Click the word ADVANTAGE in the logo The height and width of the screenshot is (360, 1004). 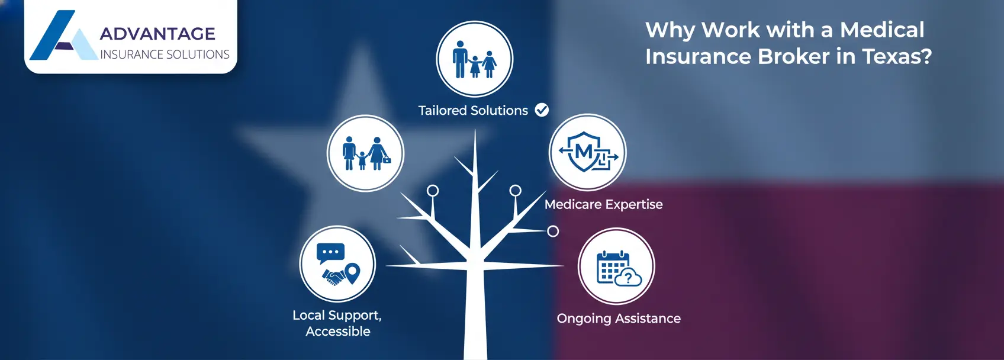click(x=157, y=34)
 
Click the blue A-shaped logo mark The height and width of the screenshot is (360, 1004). click(x=62, y=37)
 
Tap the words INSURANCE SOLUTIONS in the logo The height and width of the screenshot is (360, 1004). click(x=165, y=54)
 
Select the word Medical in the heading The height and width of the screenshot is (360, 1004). click(x=881, y=30)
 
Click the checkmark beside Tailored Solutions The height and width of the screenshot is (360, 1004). click(x=542, y=110)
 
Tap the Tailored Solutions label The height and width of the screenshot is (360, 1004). click(x=472, y=111)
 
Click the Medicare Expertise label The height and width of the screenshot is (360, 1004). click(x=603, y=204)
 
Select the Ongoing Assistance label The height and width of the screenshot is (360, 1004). click(x=618, y=319)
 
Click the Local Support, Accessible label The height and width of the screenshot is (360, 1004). click(x=337, y=323)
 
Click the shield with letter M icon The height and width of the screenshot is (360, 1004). click(x=586, y=152)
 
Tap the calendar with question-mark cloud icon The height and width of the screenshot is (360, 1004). click(x=617, y=268)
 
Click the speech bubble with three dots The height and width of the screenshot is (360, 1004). click(x=330, y=253)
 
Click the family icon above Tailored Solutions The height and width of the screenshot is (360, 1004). click(x=474, y=60)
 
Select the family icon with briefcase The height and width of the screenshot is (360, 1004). click(x=366, y=153)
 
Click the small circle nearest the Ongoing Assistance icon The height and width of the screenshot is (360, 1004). click(x=553, y=231)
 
